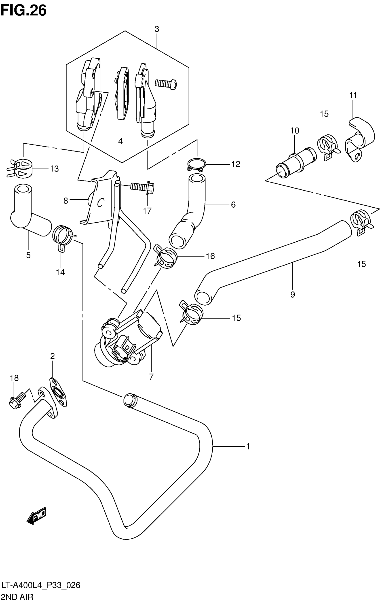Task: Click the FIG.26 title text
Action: click(x=23, y=11)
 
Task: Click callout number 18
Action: click(x=14, y=378)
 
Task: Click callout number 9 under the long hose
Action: click(x=293, y=294)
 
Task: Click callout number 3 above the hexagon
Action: click(x=157, y=29)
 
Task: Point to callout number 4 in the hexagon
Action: click(x=120, y=141)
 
